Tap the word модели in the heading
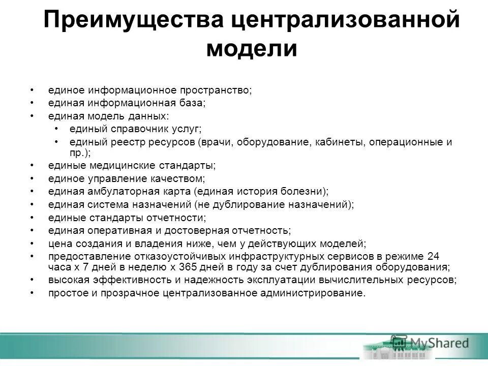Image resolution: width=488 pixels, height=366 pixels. click(x=252, y=49)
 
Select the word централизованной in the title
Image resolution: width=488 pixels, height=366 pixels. click(x=346, y=21)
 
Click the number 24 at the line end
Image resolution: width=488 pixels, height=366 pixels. click(x=433, y=256)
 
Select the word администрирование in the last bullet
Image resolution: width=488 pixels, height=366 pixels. click(x=318, y=293)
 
